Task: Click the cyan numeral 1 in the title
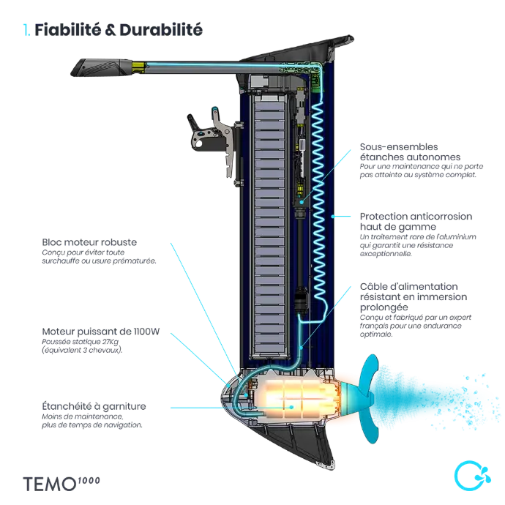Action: [26, 30]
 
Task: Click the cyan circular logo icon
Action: [463, 476]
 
